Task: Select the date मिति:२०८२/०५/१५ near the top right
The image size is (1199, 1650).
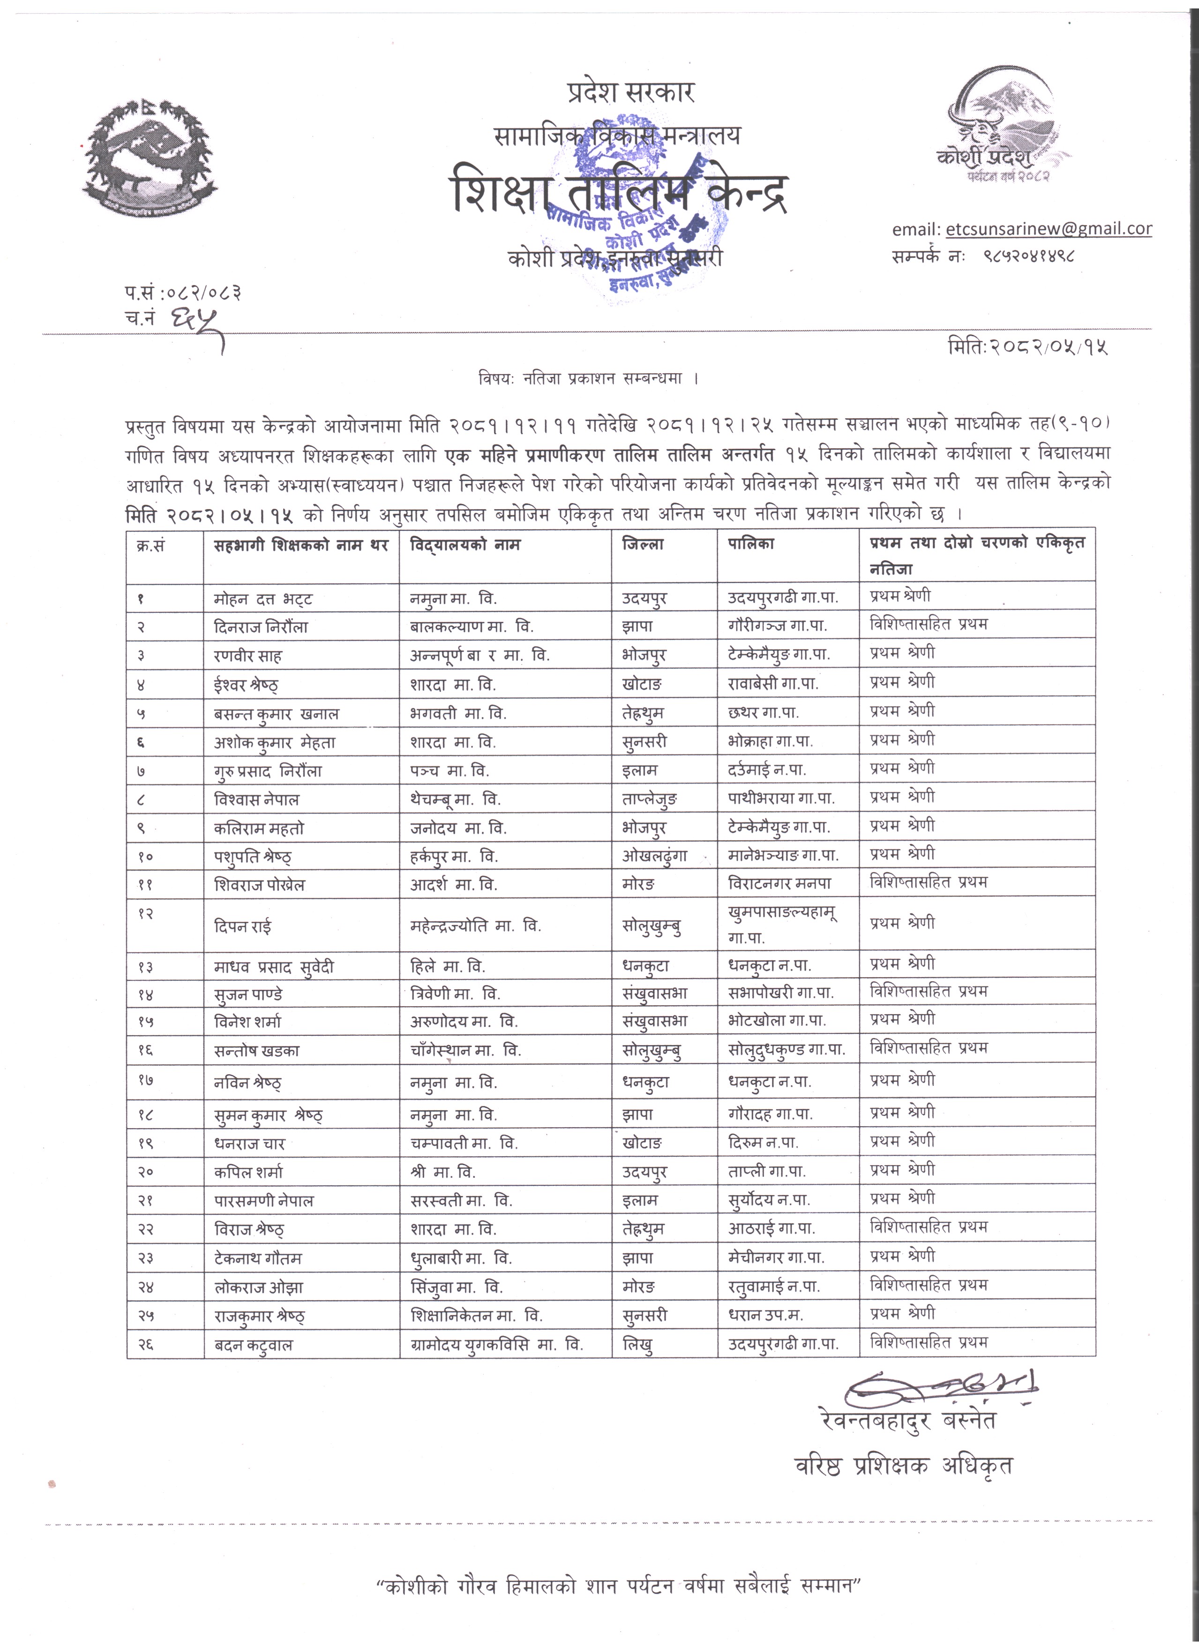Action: point(1027,347)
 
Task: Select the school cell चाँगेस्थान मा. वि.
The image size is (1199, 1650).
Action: point(465,1050)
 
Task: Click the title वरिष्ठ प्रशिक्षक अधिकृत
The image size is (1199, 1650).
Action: point(903,1465)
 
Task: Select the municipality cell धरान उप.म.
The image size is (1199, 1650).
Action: point(765,1315)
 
